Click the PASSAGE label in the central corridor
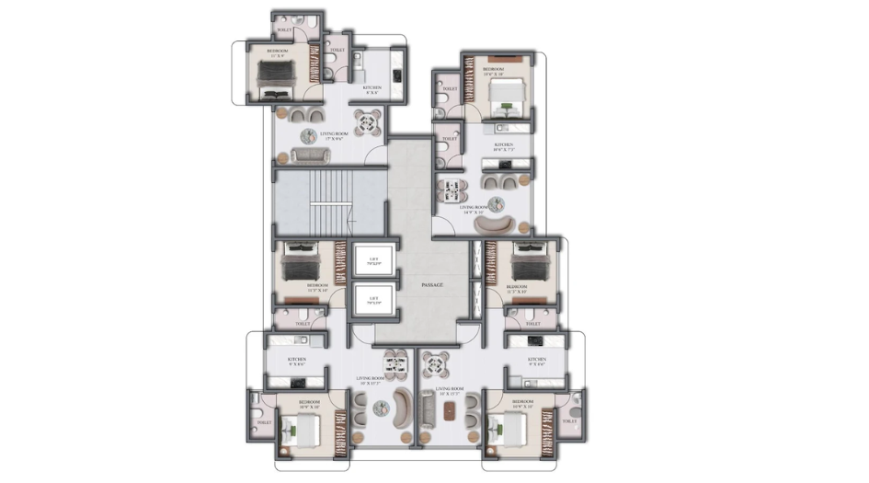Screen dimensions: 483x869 click(432, 285)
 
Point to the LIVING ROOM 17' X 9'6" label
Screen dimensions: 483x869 click(332, 135)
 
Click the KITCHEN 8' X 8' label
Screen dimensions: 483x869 click(372, 90)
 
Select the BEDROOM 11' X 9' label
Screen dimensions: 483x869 click(277, 53)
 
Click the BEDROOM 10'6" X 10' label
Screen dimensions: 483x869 click(494, 71)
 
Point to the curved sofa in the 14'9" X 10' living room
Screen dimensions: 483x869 click(502, 224)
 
